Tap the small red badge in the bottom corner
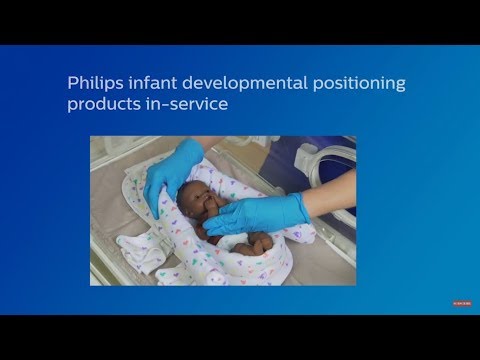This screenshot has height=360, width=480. [x=459, y=299]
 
